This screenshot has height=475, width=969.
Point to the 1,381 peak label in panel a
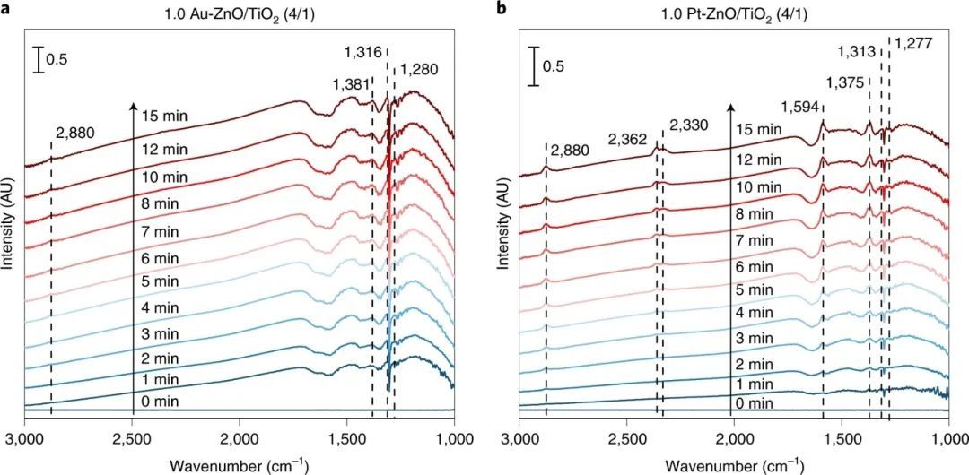(350, 84)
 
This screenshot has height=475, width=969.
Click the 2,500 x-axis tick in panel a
(134, 438)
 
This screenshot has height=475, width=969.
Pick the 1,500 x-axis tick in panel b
(842, 438)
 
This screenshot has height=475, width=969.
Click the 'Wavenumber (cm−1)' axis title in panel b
(735, 464)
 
